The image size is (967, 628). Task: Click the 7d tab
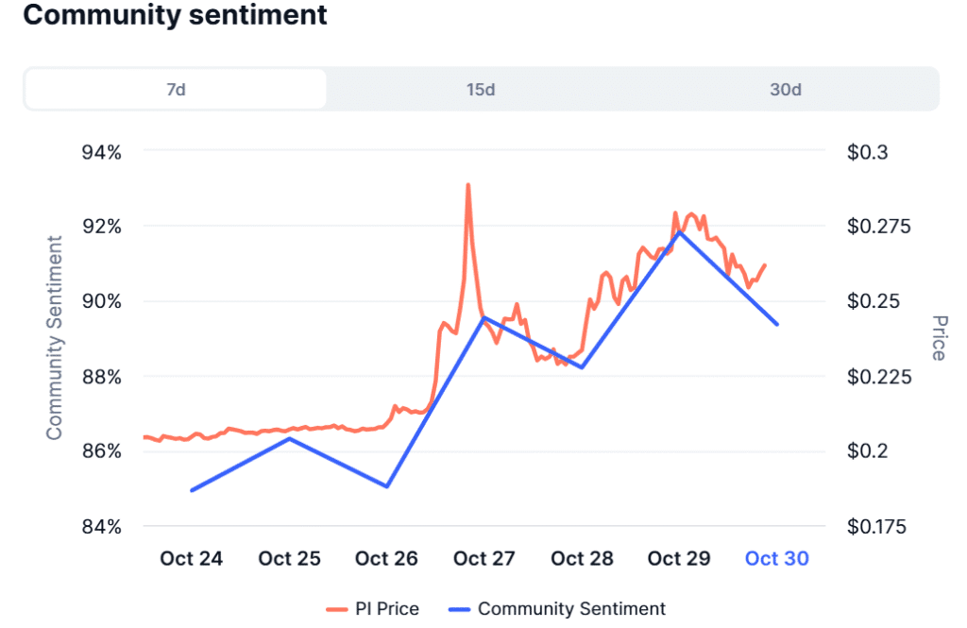point(176,90)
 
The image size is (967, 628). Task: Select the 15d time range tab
point(480,90)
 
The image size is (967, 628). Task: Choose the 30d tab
point(785,90)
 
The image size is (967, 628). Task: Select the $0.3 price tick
point(869,152)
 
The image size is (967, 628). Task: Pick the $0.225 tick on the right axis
point(877,377)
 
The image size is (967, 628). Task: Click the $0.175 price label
point(877,527)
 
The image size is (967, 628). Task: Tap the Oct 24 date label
point(192,559)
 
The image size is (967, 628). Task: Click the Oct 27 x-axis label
point(484,559)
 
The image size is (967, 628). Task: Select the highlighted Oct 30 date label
point(776,559)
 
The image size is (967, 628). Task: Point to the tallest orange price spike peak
point(467,185)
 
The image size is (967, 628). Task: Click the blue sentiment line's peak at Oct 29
point(679,231)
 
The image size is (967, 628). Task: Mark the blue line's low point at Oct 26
point(387,486)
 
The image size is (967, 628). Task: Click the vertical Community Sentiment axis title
point(55,338)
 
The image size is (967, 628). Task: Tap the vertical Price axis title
point(938,338)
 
